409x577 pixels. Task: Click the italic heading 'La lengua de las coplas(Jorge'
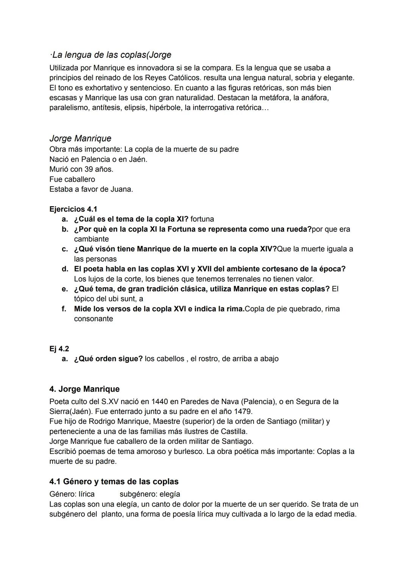click(110, 55)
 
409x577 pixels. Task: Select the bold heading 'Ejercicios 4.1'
click(73, 209)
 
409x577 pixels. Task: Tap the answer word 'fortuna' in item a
click(202, 219)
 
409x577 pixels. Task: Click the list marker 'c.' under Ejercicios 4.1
click(65, 249)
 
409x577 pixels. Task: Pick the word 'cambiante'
click(91, 239)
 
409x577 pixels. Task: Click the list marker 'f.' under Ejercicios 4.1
click(64, 309)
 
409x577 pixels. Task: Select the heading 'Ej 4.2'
click(59, 349)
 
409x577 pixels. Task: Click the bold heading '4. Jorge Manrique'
click(84, 389)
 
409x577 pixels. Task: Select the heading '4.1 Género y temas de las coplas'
click(114, 482)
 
